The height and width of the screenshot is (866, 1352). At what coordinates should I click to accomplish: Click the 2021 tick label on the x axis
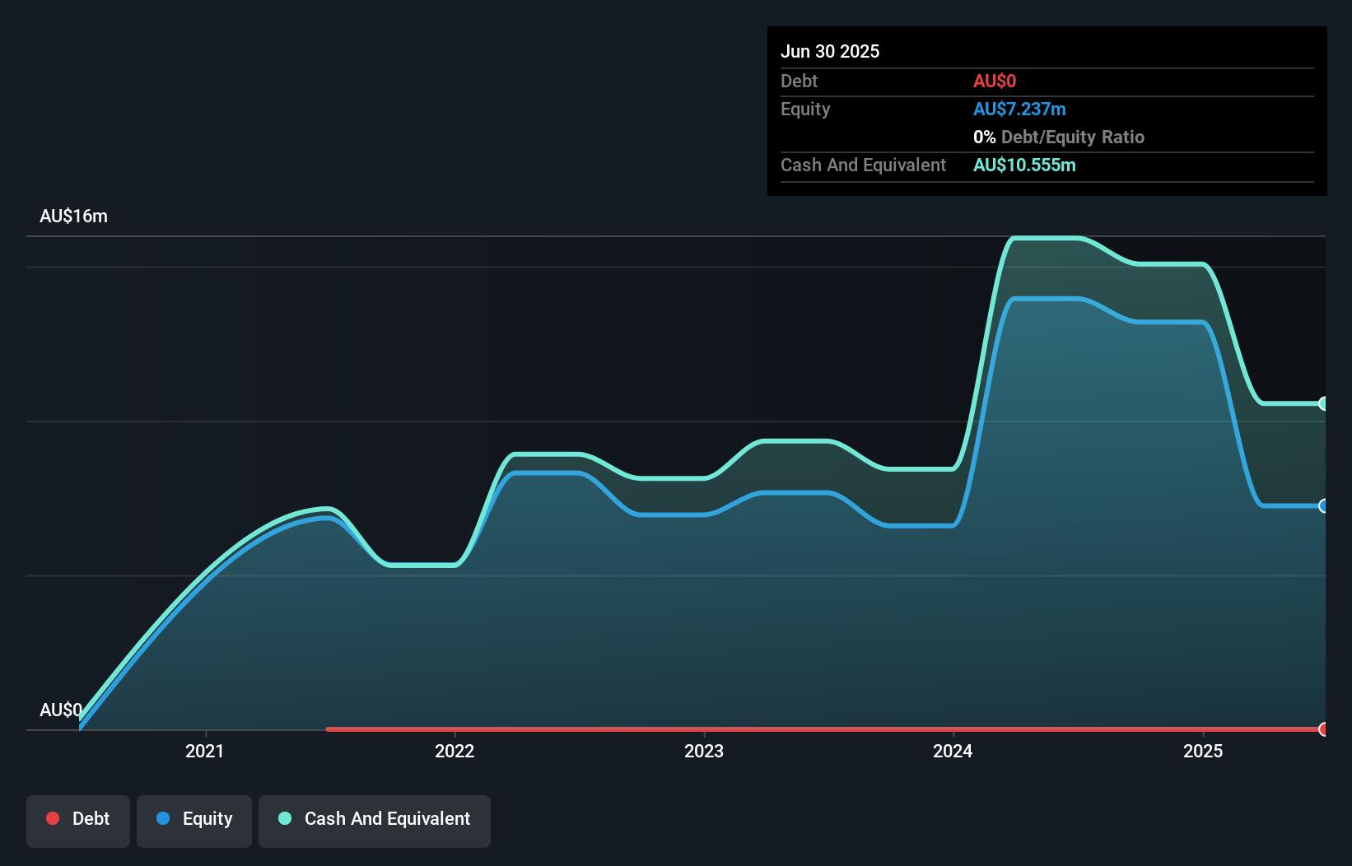[x=204, y=751]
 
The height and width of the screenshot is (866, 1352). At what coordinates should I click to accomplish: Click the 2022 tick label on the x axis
[x=455, y=751]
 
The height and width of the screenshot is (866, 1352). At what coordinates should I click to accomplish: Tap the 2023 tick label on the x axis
[x=704, y=751]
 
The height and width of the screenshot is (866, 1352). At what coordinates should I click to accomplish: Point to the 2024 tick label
[x=953, y=751]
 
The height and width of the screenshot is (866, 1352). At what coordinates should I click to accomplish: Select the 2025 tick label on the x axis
[x=1203, y=751]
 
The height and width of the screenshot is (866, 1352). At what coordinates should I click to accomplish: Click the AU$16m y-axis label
[x=73, y=216]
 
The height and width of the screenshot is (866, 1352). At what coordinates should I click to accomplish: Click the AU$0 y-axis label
[x=61, y=710]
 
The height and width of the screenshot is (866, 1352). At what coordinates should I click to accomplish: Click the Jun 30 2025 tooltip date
[x=830, y=51]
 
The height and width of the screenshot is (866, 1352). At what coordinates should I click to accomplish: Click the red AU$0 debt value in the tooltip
[x=995, y=81]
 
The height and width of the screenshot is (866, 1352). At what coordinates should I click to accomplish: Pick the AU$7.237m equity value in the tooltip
[x=1019, y=109]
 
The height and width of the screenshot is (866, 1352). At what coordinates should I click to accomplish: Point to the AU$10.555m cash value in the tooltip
[x=1024, y=165]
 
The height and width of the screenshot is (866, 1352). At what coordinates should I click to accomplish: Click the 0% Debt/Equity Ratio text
[x=1059, y=137]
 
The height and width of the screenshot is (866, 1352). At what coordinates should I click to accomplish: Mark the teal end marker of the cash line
[x=1323, y=403]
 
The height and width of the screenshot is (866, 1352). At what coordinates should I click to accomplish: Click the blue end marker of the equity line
[x=1323, y=505]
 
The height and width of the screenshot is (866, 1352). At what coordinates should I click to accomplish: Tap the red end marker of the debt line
[x=1323, y=729]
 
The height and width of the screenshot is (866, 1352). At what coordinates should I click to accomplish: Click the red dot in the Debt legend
[x=53, y=818]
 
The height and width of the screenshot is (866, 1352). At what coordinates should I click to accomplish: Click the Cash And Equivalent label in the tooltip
[x=863, y=165]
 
